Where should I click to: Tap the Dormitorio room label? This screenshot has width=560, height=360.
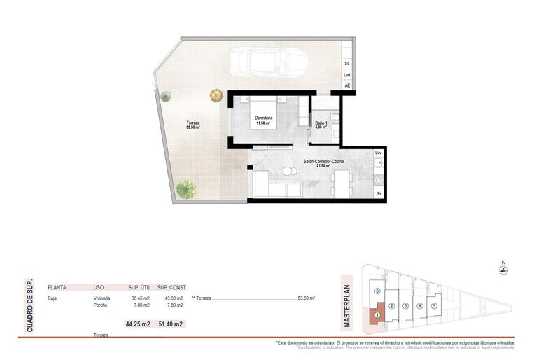click(x=264, y=120)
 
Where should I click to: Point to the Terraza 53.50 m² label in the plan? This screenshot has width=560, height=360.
click(x=192, y=125)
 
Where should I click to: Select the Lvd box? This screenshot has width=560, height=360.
click(x=346, y=75)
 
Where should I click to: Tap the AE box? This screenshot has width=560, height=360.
click(x=346, y=86)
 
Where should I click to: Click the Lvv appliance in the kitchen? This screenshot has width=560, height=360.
click(x=378, y=152)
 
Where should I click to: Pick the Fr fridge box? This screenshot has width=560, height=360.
click(x=379, y=193)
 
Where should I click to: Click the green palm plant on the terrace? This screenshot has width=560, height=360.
click(x=187, y=188)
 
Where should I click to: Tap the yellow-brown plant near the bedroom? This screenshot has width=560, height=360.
click(x=216, y=95)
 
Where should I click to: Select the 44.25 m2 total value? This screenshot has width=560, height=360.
click(x=138, y=324)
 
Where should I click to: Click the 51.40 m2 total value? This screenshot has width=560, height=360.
click(x=171, y=324)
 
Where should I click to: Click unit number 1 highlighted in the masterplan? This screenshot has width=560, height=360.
click(x=377, y=314)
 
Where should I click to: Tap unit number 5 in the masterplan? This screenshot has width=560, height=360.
click(x=434, y=306)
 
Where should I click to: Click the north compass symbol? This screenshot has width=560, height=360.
click(x=503, y=271)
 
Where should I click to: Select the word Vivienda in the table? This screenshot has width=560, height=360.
click(x=102, y=298)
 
